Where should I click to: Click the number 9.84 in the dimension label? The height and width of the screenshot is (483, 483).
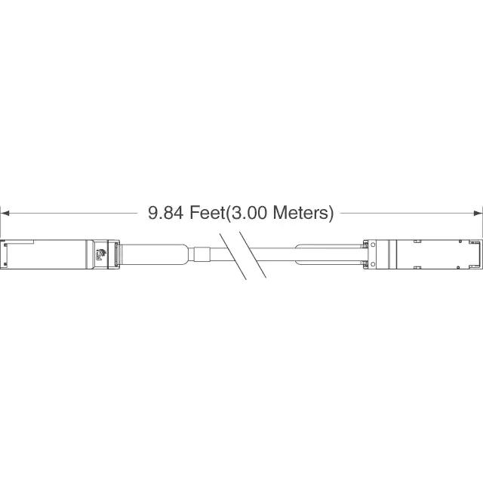click(x=166, y=213)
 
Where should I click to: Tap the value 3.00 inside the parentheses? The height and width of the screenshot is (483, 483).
click(x=249, y=213)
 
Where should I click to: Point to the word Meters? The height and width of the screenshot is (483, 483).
click(x=301, y=213)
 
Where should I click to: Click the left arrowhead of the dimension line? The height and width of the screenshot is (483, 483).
click(x=5, y=213)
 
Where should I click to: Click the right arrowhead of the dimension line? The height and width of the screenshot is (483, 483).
click(x=478, y=213)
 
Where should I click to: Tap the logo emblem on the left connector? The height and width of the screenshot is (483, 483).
click(x=101, y=254)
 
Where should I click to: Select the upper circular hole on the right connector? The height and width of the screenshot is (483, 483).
click(x=373, y=245)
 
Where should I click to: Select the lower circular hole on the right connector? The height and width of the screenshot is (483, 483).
click(x=373, y=264)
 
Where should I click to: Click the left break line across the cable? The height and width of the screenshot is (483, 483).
click(x=233, y=257)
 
